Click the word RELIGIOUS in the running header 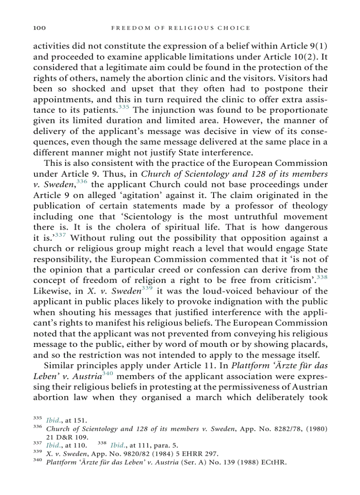[194, 28]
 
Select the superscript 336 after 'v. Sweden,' [82, 182]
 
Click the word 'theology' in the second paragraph [311, 206]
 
